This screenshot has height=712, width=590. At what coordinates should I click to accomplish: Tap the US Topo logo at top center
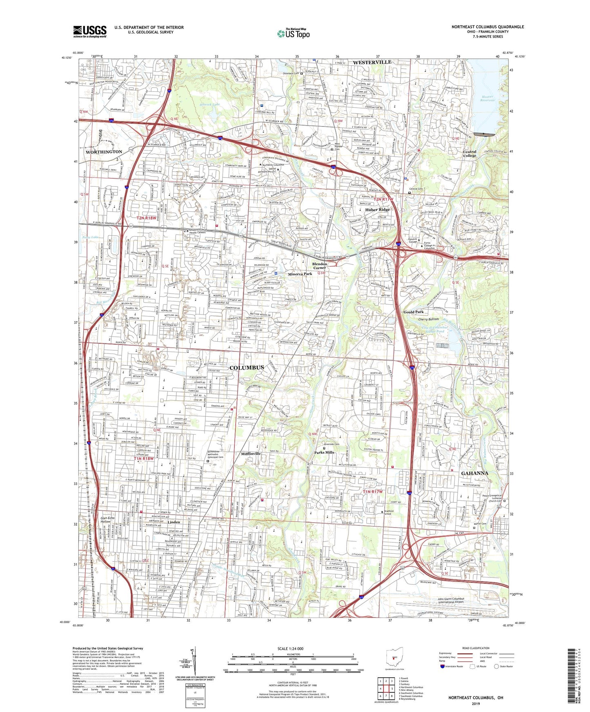pyautogui.click(x=293, y=33)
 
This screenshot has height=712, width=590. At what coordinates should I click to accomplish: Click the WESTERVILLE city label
pyautogui.click(x=372, y=62)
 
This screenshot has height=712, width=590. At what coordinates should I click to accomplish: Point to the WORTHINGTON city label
pyautogui.click(x=104, y=152)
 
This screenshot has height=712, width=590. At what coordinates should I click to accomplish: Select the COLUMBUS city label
pyautogui.click(x=247, y=367)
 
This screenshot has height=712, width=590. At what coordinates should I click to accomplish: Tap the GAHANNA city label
pyautogui.click(x=474, y=473)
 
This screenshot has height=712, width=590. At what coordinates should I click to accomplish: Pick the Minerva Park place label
pyautogui.click(x=300, y=274)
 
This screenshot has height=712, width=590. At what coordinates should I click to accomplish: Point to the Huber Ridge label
pyautogui.click(x=377, y=210)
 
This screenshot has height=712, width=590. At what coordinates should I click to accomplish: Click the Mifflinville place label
pyautogui.click(x=257, y=453)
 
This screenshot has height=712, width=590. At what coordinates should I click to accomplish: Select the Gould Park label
pyautogui.click(x=414, y=312)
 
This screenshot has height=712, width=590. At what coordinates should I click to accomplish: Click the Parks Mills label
pyautogui.click(x=324, y=452)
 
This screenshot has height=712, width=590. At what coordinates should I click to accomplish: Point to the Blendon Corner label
pyautogui.click(x=320, y=265)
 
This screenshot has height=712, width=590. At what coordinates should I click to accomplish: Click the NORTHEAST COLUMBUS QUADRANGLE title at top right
pyautogui.click(x=488, y=27)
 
